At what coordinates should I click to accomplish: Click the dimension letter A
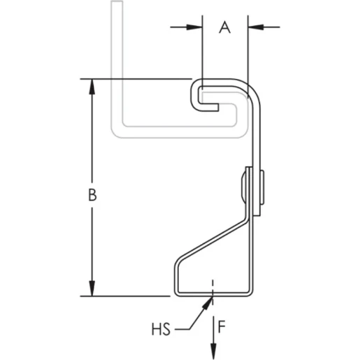pyautogui.click(x=224, y=27)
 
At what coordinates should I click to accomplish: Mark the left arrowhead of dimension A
pyautogui.click(x=196, y=27)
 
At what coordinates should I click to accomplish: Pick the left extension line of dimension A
pyautogui.click(x=202, y=49)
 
